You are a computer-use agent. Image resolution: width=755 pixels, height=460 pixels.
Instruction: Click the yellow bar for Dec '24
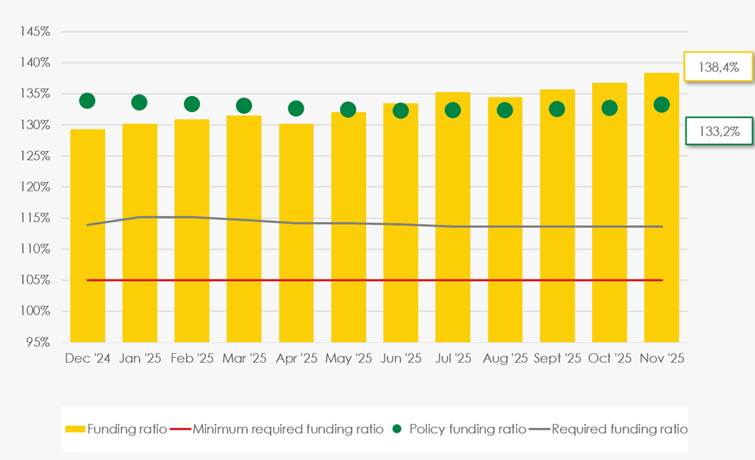pyautogui.click(x=88, y=236)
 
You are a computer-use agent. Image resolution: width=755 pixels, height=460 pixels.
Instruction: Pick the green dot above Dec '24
pyautogui.click(x=87, y=101)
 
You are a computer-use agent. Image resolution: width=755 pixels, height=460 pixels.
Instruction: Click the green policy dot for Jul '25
pyautogui.click(x=453, y=110)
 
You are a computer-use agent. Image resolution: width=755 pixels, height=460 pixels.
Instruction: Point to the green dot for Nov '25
pyautogui.click(x=661, y=104)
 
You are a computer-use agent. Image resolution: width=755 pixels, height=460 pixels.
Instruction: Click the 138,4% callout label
pyautogui.click(x=718, y=67)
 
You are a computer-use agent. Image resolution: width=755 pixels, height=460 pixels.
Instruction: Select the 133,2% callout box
pyautogui.click(x=719, y=131)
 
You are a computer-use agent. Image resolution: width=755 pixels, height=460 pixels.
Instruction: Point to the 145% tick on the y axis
pyautogui.click(x=36, y=32)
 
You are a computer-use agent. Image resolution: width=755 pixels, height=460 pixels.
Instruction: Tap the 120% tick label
pyautogui.click(x=36, y=187)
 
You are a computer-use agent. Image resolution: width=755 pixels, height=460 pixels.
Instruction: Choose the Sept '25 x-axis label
pyautogui.click(x=557, y=359)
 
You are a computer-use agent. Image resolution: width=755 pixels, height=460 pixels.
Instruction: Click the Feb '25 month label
pyautogui.click(x=192, y=359)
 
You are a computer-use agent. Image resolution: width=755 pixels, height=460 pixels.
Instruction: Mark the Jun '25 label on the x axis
pyautogui.click(x=400, y=359)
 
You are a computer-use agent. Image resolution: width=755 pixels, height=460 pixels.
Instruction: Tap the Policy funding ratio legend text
pyautogui.click(x=467, y=429)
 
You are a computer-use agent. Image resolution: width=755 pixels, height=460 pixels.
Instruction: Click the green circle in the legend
pyautogui.click(x=396, y=429)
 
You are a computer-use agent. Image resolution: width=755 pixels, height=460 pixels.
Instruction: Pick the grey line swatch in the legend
pyautogui.click(x=539, y=429)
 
